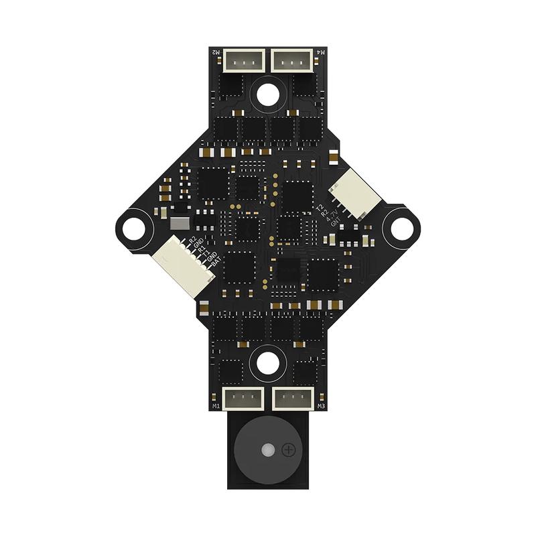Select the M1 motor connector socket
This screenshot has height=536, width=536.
point(242,398)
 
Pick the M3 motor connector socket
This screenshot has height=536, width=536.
point(293,398)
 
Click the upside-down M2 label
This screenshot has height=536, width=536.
point(216,52)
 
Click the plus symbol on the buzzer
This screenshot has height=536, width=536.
point(289,450)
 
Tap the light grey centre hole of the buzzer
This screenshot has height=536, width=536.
point(267,450)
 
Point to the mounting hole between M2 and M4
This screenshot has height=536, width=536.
point(267,94)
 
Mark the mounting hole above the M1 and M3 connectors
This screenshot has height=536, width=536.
point(267,362)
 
